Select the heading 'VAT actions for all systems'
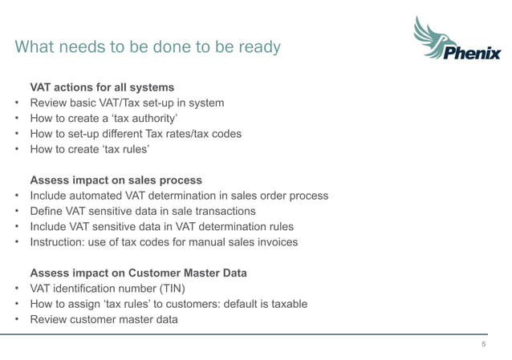102,87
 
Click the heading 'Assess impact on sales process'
116,180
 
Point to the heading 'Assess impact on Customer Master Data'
138,273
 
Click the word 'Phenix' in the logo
472,54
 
